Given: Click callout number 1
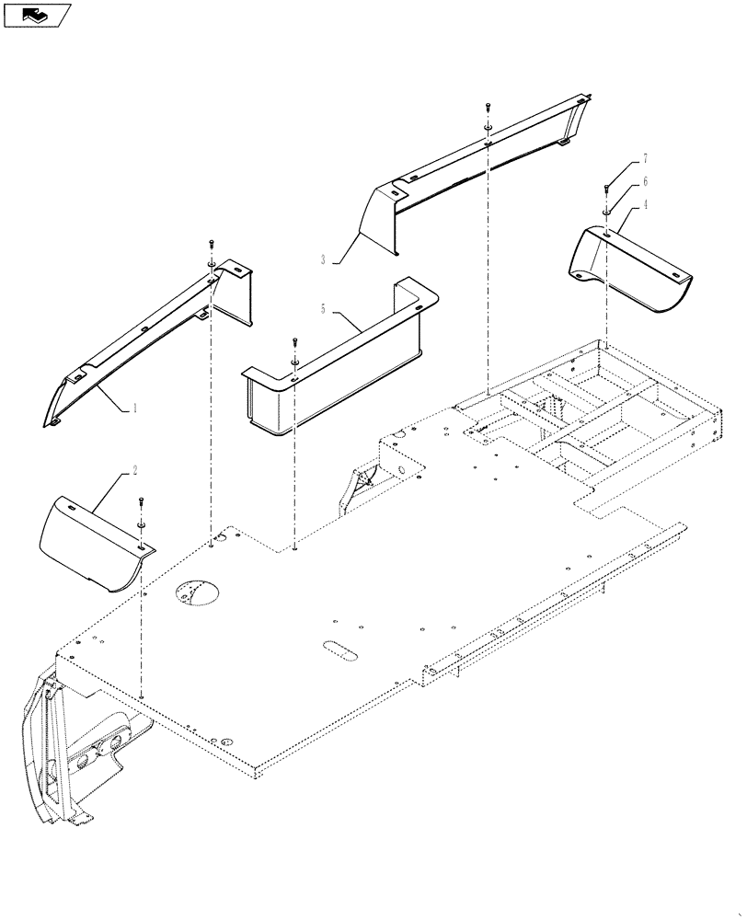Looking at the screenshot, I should point(134,406).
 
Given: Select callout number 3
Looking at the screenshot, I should point(323,260).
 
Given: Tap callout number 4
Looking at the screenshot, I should point(645,205).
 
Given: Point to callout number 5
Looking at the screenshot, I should point(321,310).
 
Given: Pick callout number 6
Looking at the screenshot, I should point(645,182).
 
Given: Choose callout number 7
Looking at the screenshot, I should point(645,159).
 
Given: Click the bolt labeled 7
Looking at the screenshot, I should point(608,189).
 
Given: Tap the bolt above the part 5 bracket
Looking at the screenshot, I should point(293,341).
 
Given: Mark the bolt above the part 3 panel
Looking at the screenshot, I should point(487,109).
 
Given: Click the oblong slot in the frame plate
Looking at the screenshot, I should point(340,650).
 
